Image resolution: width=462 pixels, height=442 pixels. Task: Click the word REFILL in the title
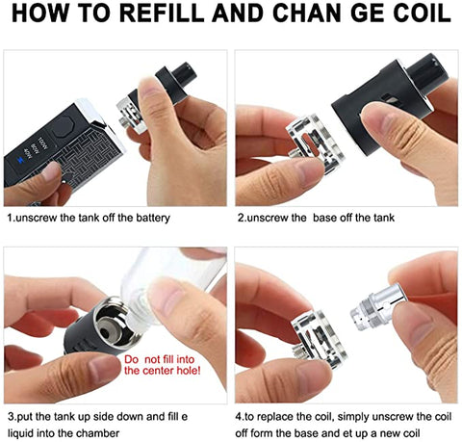[x=164, y=13]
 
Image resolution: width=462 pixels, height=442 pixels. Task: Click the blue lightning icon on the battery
[x=21, y=160]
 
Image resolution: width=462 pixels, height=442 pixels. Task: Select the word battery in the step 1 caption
[x=153, y=218]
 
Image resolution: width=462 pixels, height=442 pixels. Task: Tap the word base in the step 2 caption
[x=324, y=218]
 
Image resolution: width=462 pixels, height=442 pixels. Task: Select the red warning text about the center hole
[x=163, y=365]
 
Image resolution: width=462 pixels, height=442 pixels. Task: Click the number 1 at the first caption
[x=10, y=218]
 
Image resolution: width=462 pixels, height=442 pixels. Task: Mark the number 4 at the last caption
[x=239, y=417]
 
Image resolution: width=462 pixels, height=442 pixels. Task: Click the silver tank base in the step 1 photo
[x=133, y=116]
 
